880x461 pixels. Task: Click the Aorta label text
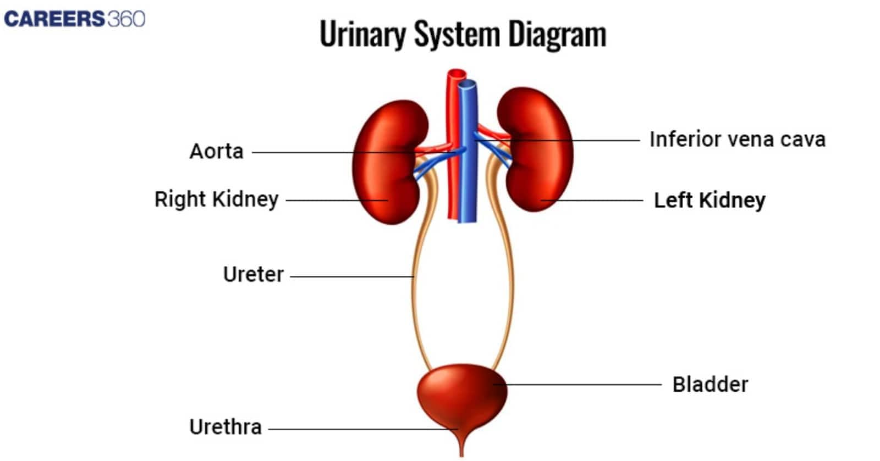216,151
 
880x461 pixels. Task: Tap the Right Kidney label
216,199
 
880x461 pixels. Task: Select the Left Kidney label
709,200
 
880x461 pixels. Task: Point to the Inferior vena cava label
737,140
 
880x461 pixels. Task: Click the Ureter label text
253,274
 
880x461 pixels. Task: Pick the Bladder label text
710,384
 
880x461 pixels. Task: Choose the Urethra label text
225,427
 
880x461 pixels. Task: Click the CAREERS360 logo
74,19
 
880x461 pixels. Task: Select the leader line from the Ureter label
352,276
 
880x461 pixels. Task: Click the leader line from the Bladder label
583,384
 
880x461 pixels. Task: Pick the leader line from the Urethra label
363,429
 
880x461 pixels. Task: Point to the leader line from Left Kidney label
594,200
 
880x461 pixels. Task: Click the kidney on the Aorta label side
388,165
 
